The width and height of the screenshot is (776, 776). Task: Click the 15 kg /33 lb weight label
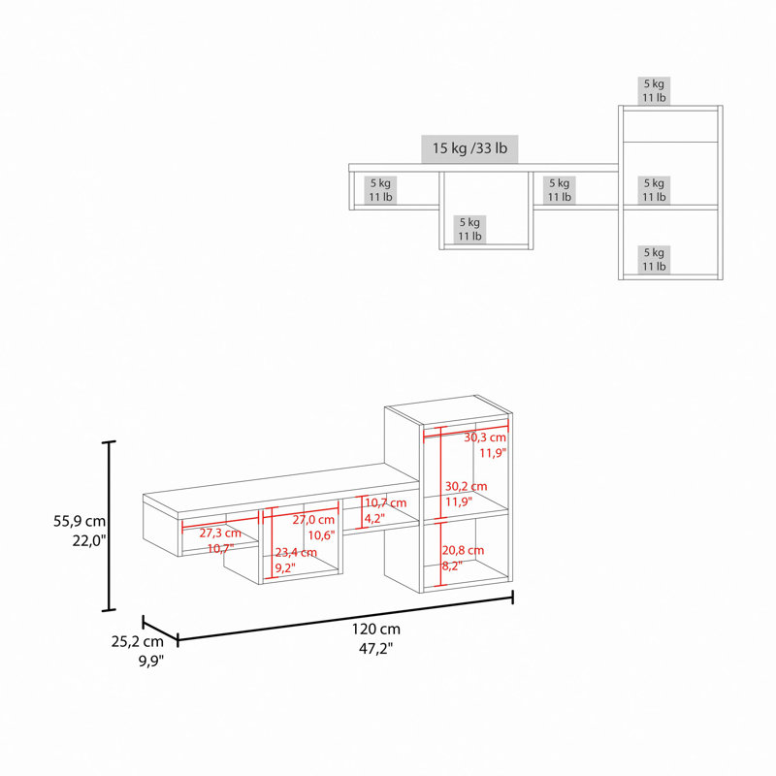(469, 148)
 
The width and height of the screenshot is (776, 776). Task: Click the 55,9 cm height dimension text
(80, 521)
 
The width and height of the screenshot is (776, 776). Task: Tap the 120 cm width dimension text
(376, 629)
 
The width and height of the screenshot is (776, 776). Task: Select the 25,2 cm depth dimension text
(137, 641)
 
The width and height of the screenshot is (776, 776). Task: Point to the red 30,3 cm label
(485, 437)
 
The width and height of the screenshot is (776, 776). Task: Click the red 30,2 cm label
(466, 487)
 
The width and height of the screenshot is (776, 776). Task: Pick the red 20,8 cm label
(463, 550)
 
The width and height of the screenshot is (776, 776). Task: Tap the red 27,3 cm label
(220, 533)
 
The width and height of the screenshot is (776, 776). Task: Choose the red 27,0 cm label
(313, 520)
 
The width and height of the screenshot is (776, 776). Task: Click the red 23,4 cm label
(296, 552)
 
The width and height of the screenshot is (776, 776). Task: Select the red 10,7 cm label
(385, 502)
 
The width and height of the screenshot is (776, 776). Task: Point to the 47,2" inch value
(375, 648)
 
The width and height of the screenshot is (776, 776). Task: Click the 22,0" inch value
(89, 541)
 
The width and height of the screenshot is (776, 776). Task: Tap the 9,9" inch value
(151, 661)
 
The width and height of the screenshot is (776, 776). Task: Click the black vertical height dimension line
(109, 526)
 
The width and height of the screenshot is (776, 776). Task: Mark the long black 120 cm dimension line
(345, 619)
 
